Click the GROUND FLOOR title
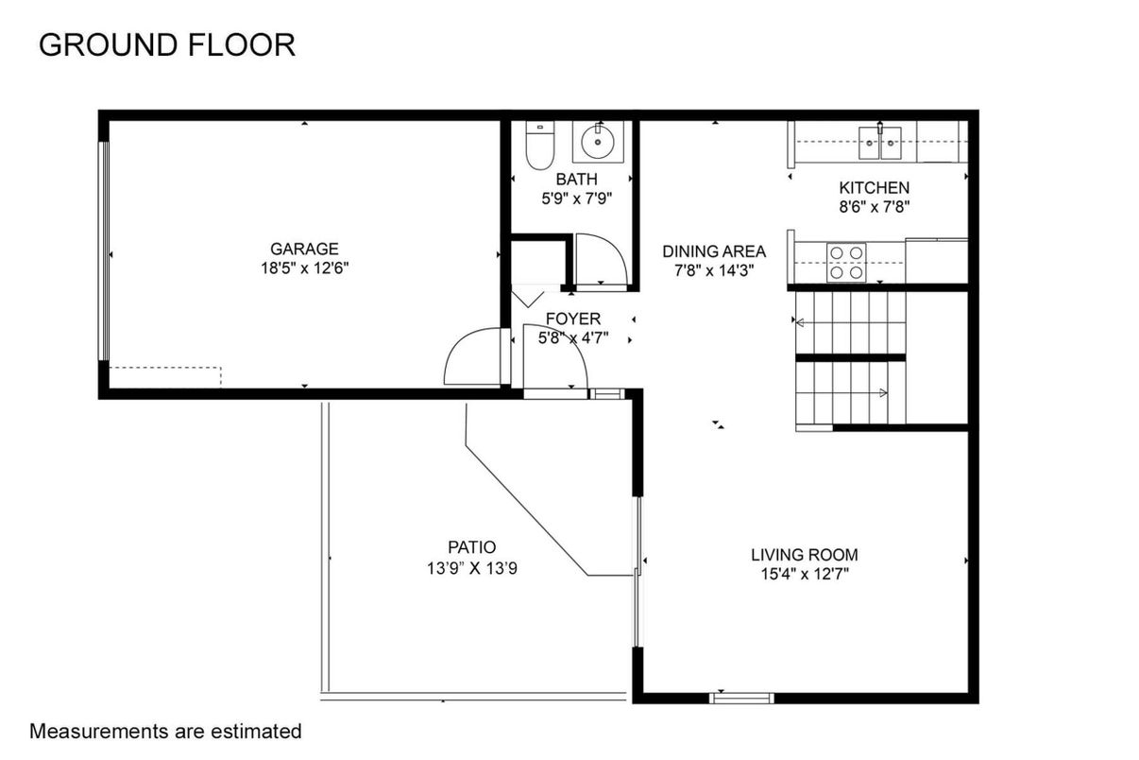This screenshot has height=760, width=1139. click(x=167, y=44)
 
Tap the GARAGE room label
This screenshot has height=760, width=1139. click(x=304, y=249)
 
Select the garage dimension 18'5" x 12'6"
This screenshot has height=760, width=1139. click(x=304, y=268)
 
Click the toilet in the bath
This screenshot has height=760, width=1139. click(x=539, y=145)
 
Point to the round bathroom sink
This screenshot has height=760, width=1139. click(x=598, y=142)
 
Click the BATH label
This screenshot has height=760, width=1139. click(x=576, y=180)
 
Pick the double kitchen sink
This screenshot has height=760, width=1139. click(x=880, y=143)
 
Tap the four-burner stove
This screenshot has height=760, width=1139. click(x=846, y=262)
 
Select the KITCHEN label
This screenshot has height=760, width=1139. click(x=874, y=188)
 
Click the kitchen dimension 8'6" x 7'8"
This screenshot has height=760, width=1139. click(x=874, y=207)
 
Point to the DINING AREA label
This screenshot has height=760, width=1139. click(x=714, y=251)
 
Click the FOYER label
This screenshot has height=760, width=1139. click(x=573, y=319)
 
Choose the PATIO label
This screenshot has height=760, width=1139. click(x=472, y=547)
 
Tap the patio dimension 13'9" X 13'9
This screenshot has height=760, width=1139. click(x=472, y=567)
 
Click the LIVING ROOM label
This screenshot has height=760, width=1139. click(x=805, y=554)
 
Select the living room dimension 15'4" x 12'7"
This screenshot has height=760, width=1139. click(x=805, y=574)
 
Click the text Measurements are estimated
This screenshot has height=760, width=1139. click(x=165, y=732)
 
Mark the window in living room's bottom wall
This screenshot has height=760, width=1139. click(x=741, y=698)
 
